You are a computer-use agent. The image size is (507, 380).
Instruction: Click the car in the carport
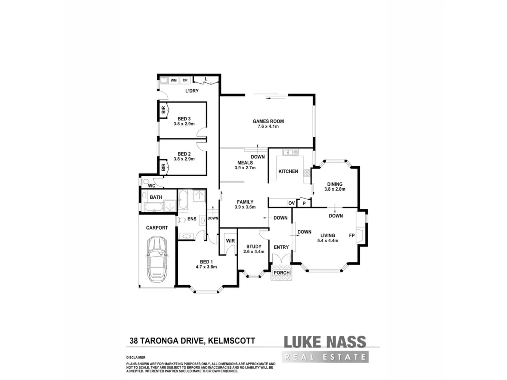(x=157, y=258)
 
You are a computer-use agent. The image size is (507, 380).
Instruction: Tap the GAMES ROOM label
(x=268, y=121)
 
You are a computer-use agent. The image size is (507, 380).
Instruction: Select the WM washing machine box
(x=174, y=81)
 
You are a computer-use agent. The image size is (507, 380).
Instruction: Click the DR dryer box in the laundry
(x=185, y=81)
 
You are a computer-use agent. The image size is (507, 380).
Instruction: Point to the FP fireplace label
(x=352, y=236)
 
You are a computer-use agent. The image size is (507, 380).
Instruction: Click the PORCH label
(x=281, y=273)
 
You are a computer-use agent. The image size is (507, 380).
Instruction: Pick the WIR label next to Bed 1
(x=230, y=241)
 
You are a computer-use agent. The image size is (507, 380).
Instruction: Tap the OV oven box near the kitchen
(x=291, y=203)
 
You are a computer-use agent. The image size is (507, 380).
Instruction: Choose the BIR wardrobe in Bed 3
(x=163, y=110)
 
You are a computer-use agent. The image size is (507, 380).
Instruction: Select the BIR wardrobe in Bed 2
(x=163, y=168)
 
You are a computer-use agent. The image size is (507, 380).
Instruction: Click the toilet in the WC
(x=145, y=181)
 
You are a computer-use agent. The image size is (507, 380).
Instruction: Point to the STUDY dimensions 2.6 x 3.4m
(x=253, y=252)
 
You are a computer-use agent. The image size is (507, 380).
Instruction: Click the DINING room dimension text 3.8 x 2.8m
(x=334, y=189)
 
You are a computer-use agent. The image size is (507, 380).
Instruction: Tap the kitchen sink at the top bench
(x=288, y=152)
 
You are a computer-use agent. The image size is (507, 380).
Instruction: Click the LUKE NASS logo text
(x=324, y=342)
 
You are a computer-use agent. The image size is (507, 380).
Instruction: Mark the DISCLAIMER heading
(x=136, y=358)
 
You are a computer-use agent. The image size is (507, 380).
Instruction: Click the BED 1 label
(x=206, y=262)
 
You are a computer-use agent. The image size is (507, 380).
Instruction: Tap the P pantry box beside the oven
(x=304, y=203)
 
